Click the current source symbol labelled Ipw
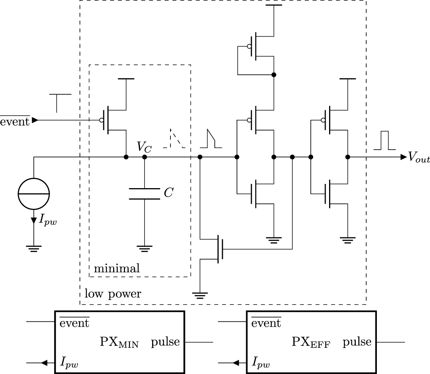click(x=34, y=194)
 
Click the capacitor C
click(x=144, y=193)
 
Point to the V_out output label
click(x=419, y=157)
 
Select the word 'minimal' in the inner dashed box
click(x=117, y=268)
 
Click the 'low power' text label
click(x=113, y=294)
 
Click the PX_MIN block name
click(x=119, y=342)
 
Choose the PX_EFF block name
click(x=311, y=342)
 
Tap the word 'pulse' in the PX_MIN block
click(x=165, y=342)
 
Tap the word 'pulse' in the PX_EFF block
click(x=357, y=342)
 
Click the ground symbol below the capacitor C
click(x=144, y=248)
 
